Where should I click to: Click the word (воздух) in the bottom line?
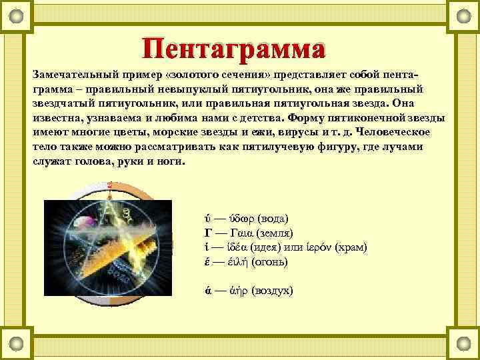click(x=273, y=291)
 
